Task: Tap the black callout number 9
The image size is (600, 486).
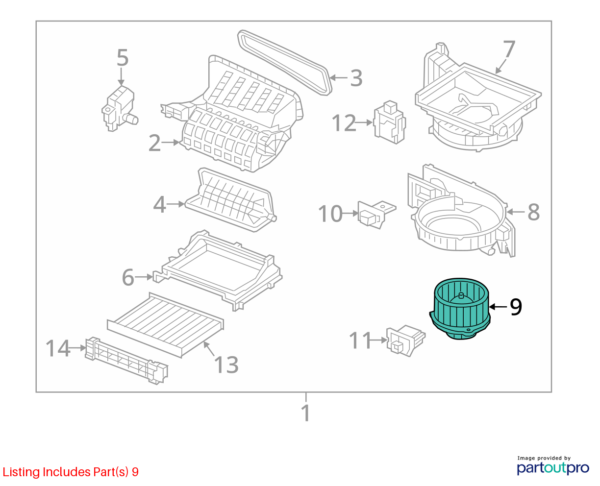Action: tap(516, 307)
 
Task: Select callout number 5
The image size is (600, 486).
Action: tap(123, 58)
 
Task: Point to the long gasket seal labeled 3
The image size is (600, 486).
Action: tap(284, 63)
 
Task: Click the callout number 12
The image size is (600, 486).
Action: tap(344, 123)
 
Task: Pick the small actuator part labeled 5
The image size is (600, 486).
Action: tap(120, 108)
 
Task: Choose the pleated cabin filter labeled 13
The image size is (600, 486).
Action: tap(166, 325)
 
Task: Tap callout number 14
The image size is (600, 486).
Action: tap(58, 348)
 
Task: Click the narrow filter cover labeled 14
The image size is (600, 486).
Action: tap(126, 361)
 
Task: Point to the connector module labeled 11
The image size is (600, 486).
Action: tap(405, 340)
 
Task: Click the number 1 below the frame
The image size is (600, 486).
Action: tap(306, 413)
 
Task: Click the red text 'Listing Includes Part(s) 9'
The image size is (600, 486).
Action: tap(71, 472)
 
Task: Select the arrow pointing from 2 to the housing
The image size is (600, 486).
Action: tap(171, 143)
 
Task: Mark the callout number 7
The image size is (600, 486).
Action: tap(509, 49)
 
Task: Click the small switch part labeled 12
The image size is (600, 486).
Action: tap(390, 122)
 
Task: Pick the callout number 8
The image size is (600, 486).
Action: tap(533, 212)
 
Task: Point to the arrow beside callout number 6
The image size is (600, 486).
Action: tap(144, 277)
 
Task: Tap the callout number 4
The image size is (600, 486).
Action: tap(159, 204)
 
